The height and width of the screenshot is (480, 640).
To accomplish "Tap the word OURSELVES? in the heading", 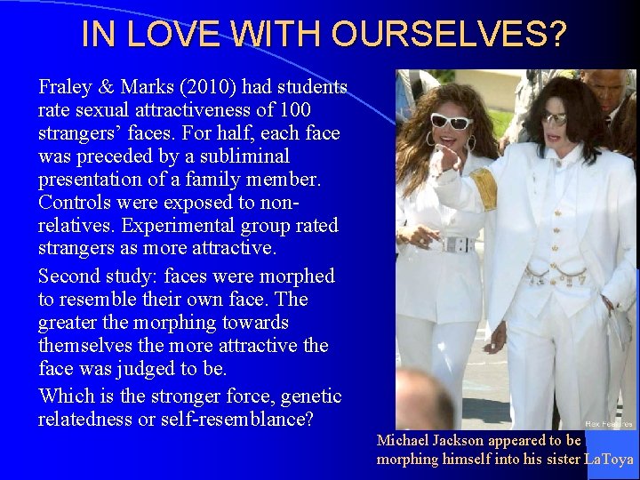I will coord(450,35).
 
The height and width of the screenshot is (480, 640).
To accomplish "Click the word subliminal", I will coord(242,156).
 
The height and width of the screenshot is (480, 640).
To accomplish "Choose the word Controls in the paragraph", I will coord(72,203).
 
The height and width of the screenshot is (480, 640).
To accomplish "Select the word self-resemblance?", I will coord(226,419).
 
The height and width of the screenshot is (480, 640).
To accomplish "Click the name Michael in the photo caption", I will coord(408,441).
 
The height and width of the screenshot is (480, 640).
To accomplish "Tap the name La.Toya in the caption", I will coord(609,460).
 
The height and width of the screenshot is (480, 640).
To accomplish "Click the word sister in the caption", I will coord(560,460).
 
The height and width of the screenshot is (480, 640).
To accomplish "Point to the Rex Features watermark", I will coord(609,424).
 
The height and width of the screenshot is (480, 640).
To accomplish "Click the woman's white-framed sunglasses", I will coord(451,122).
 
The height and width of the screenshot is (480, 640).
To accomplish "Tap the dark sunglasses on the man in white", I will coord(555,118).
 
